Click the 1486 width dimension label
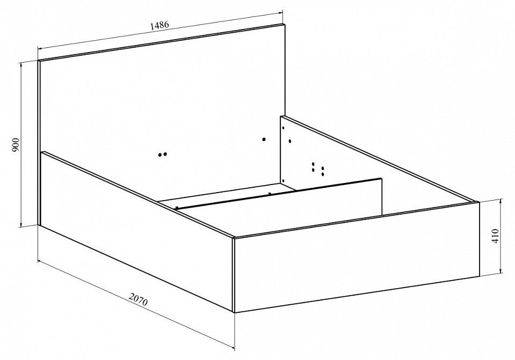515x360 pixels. (x=159, y=25)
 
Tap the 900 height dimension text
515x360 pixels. (x=16, y=145)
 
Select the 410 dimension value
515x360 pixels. (x=495, y=236)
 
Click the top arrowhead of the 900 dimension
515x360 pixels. (x=21, y=65)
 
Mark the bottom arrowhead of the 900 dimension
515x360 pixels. (x=21, y=223)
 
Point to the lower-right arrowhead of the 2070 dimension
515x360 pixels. (x=231, y=347)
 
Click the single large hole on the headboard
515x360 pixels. (x=264, y=139)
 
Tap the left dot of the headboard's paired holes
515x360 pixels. (x=160, y=155)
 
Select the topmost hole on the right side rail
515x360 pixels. (x=283, y=128)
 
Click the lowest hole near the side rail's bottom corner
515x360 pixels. (x=283, y=180)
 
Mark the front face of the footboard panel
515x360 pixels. (x=357, y=258)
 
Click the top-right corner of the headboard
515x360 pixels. (x=285, y=24)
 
